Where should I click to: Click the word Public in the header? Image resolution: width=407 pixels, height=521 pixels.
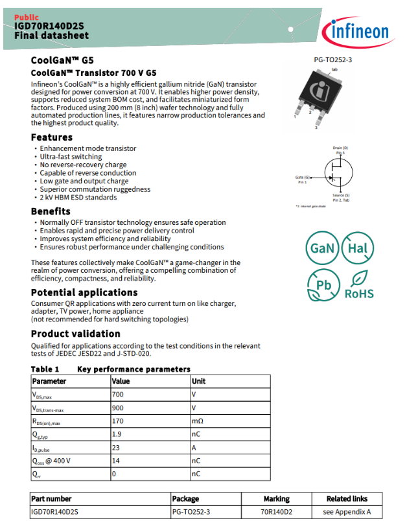click(x=27, y=17)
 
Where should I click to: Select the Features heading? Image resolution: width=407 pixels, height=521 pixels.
click(x=52, y=137)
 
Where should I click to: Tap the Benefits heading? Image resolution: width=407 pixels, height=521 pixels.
click(x=51, y=211)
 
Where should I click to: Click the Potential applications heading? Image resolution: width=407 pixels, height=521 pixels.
click(x=84, y=293)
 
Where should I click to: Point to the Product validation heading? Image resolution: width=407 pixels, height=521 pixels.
click(x=76, y=334)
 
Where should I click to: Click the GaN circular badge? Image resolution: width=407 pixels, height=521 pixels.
click(x=322, y=248)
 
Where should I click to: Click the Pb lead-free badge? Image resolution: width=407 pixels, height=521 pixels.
click(x=322, y=285)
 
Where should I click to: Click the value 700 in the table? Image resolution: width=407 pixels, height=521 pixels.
click(x=117, y=394)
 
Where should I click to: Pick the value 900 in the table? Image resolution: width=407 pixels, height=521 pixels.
click(x=117, y=408)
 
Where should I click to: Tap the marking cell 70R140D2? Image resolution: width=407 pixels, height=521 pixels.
click(x=276, y=511)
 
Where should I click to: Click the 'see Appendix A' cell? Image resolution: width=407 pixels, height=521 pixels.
click(x=347, y=511)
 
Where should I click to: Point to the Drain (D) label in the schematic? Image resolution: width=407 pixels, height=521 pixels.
click(x=340, y=148)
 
